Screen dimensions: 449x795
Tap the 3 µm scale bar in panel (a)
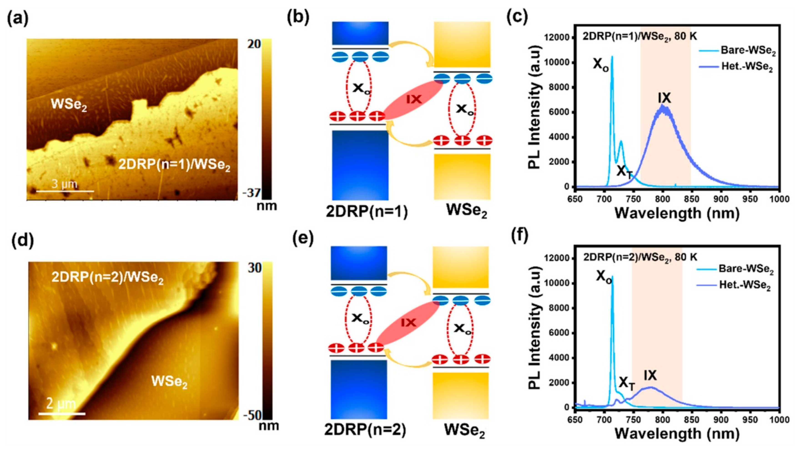(65, 191)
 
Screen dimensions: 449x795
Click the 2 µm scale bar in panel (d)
(62, 413)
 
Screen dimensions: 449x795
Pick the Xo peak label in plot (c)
(601, 65)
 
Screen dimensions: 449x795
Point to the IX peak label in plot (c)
(664, 98)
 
